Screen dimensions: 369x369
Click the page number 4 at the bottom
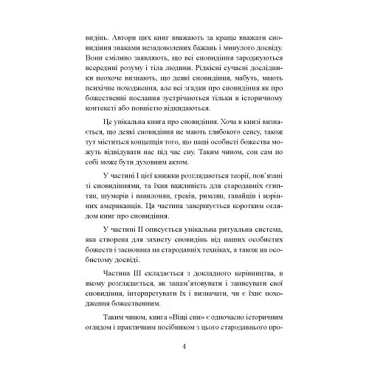[x=184, y=347]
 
